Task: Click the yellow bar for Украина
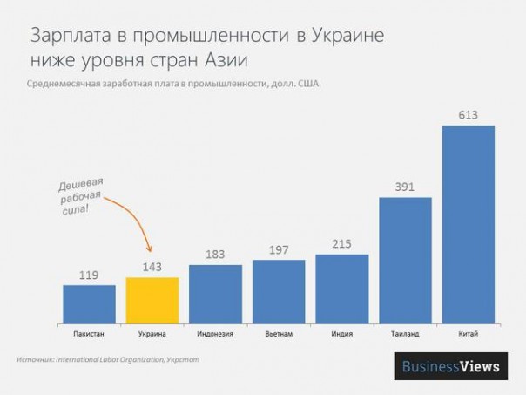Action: click(x=152, y=299)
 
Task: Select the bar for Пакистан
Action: click(x=89, y=303)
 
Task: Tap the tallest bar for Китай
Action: click(x=469, y=223)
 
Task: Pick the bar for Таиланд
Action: click(x=405, y=259)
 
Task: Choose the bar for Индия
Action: click(x=342, y=288)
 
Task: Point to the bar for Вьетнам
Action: click(x=279, y=290)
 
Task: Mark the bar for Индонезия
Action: click(x=215, y=292)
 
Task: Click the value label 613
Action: click(x=469, y=115)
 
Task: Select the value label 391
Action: click(x=405, y=187)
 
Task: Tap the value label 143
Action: click(x=152, y=267)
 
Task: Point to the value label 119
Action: click(x=89, y=275)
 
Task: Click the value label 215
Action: click(x=342, y=243)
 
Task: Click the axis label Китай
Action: click(x=469, y=332)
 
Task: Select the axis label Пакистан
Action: click(x=89, y=332)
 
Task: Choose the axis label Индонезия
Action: click(x=215, y=332)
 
